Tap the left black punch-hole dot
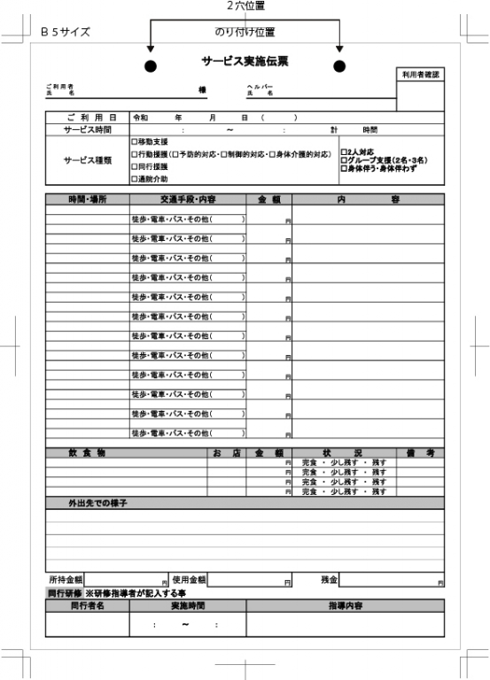151,66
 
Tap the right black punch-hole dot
338,66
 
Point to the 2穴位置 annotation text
245,5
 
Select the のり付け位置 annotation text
245,33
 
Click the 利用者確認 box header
420,75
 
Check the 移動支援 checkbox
134,142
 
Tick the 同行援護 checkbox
134,166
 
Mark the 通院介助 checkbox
134,179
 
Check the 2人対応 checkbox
345,152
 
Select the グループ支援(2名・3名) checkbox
345,160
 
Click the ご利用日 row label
87,118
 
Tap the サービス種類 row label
87,160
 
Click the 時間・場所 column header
87,200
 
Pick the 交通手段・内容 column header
187,200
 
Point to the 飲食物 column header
87,453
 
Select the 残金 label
329,579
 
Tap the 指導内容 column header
345,606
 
